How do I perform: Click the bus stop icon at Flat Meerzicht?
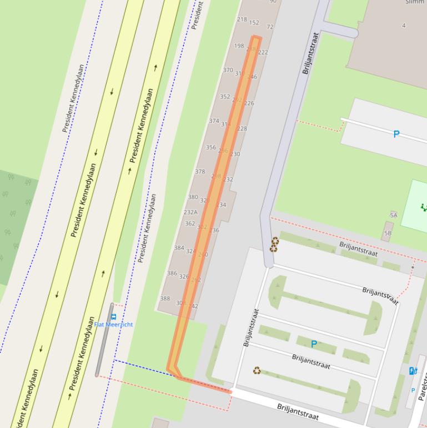pos(114,317)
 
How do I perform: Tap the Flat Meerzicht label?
pos(114,325)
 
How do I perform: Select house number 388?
pos(165,298)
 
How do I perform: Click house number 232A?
pos(190,212)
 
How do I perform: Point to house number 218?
pos(242,19)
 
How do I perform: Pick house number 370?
pos(228,70)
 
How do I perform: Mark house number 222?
pos(263,53)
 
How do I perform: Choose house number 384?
pos(179,248)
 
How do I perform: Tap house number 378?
pos(200,172)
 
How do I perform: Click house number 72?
pos(270,27)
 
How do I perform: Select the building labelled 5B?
pos(388,232)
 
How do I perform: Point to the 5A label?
pos(394,215)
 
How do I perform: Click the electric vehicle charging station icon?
pos(413,371)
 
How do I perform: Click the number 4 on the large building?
pos(404,25)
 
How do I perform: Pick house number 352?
pos(224,96)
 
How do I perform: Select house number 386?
pos(172,273)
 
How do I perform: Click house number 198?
pos(239,46)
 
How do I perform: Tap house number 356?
pos(210,147)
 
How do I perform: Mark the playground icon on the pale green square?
pos(424,207)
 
